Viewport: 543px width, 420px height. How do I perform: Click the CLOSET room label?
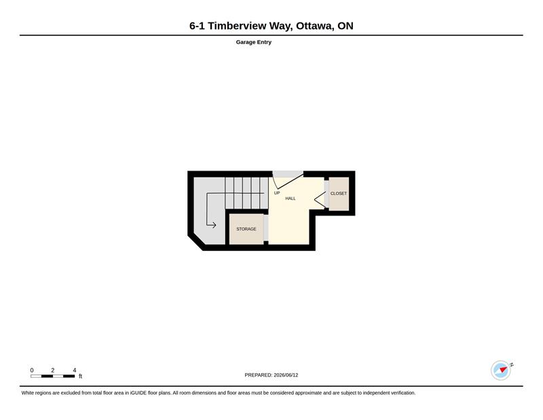[338, 194]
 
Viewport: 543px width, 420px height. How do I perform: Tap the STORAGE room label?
[246, 229]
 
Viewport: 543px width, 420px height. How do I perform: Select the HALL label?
[291, 198]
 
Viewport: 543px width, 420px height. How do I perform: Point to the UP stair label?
[277, 193]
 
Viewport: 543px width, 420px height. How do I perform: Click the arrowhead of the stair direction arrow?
[214, 225]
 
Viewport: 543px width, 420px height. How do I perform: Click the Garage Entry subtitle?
[253, 42]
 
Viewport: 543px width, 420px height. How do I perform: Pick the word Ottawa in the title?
[314, 26]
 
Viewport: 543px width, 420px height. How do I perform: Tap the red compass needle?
[504, 369]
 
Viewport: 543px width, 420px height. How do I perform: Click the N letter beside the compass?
[512, 365]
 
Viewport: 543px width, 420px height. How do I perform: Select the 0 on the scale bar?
[32, 370]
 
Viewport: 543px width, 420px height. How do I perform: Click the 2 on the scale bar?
[53, 370]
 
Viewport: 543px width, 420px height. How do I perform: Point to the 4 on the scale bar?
[75, 370]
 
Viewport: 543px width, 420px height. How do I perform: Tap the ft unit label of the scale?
[80, 377]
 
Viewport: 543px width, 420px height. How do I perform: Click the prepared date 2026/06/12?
[286, 375]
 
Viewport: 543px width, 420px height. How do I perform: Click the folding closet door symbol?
[320, 200]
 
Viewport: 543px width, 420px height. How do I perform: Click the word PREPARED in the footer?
[259, 375]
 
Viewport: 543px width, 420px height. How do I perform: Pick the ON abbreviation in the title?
[345, 26]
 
